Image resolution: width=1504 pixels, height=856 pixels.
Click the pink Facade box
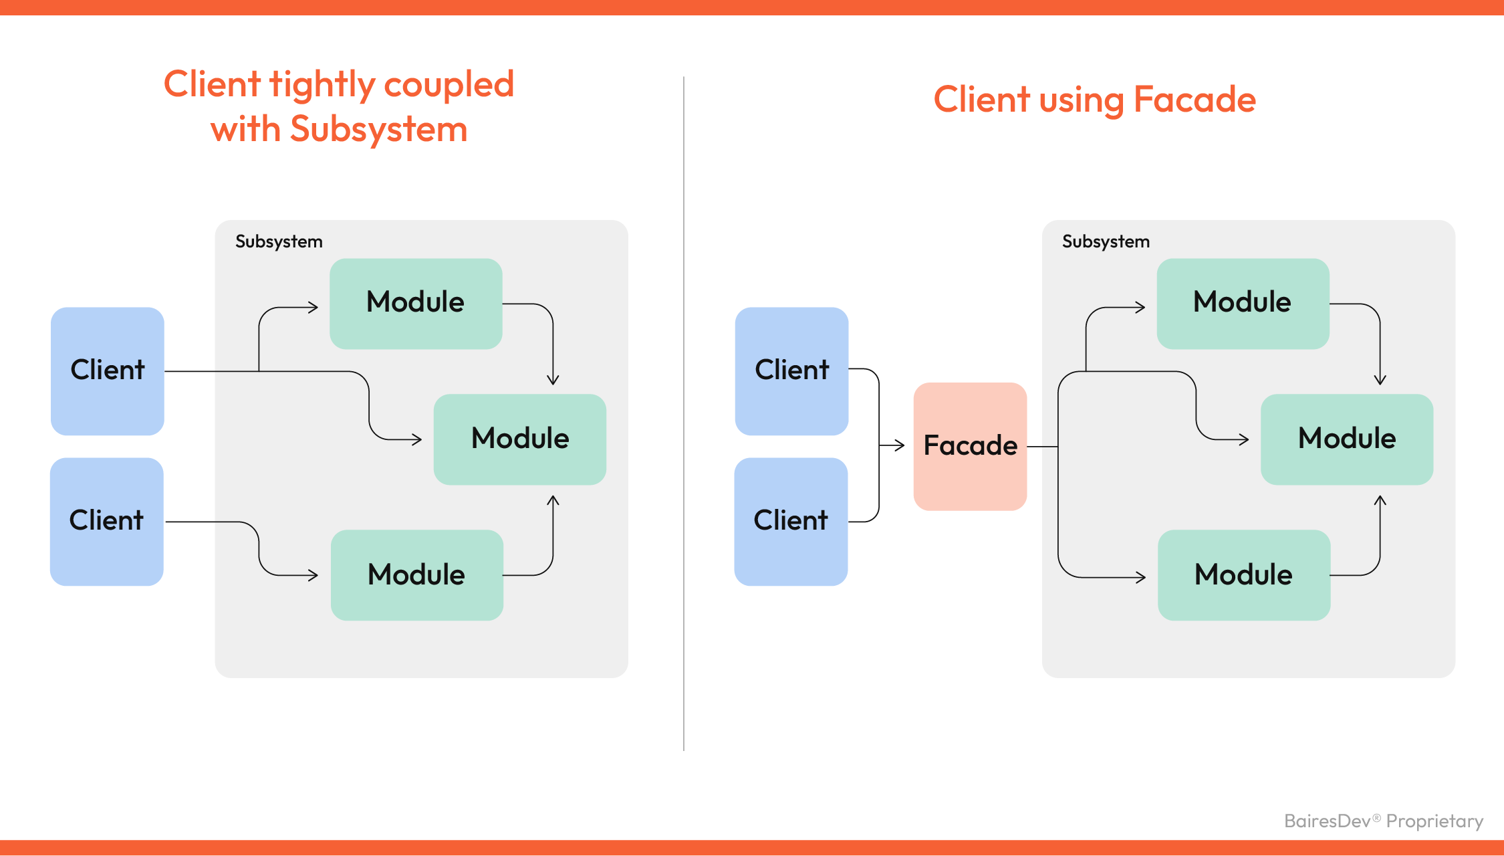pyautogui.click(x=970, y=446)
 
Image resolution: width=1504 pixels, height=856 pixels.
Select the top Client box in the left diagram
pyautogui.click(x=108, y=370)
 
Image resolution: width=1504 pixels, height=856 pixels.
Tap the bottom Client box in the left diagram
pyautogui.click(x=107, y=521)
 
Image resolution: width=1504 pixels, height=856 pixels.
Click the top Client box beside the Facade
pyautogui.click(x=791, y=370)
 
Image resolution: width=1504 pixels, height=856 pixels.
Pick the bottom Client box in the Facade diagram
pyautogui.click(x=791, y=521)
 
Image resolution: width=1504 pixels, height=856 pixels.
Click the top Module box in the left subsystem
pyautogui.click(x=416, y=303)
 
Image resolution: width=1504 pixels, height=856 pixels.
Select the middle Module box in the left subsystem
pyautogui.click(x=520, y=439)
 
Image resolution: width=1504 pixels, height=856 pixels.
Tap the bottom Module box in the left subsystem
pyautogui.click(x=416, y=574)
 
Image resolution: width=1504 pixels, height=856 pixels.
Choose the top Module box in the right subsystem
pyautogui.click(x=1243, y=303)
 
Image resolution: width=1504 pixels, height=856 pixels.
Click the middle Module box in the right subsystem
pyautogui.click(x=1347, y=439)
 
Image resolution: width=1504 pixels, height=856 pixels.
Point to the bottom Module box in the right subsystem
pyautogui.click(x=1243, y=574)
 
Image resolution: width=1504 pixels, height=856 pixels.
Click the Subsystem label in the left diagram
pyautogui.click(x=279, y=241)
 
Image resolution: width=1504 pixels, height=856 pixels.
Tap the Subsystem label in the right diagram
pyautogui.click(x=1106, y=241)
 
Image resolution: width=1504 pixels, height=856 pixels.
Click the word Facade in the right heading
pyautogui.click(x=1195, y=100)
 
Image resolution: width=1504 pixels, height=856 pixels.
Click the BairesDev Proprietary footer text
pyautogui.click(x=1383, y=821)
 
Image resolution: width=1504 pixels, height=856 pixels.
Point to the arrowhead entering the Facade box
pyautogui.click(x=900, y=445)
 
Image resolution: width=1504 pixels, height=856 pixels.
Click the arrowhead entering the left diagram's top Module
pyautogui.click(x=314, y=308)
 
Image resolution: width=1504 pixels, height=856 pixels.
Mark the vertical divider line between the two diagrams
pyautogui.click(x=684, y=415)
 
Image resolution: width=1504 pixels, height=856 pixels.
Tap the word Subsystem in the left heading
pyautogui.click(x=378, y=129)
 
